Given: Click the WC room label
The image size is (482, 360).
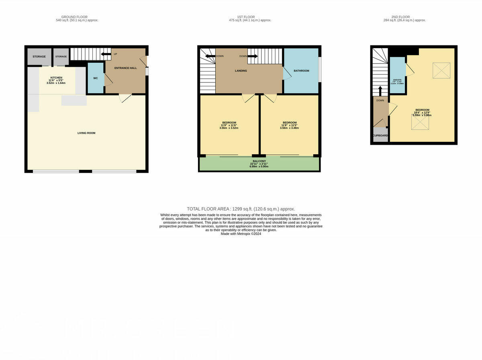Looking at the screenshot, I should click(x=96, y=78).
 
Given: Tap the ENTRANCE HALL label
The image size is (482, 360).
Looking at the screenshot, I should click(x=125, y=68).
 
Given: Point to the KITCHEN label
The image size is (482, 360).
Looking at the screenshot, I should click(x=56, y=78).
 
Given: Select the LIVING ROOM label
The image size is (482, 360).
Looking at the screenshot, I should click(x=86, y=133).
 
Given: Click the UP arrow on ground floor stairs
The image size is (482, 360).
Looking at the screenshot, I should click(x=106, y=54).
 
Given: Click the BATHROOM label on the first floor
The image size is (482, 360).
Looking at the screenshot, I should click(x=301, y=71).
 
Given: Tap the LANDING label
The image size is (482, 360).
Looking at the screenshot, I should click(x=241, y=71).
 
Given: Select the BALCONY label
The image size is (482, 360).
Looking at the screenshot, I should click(x=259, y=161).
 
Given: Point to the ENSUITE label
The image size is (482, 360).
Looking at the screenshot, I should click(x=397, y=80).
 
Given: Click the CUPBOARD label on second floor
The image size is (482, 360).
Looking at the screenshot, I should click(x=380, y=135).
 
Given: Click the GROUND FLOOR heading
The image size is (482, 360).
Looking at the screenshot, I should click(x=77, y=17).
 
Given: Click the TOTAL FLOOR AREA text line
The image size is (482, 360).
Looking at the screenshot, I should click(x=241, y=209).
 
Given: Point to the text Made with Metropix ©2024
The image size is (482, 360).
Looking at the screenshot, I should click(x=241, y=234).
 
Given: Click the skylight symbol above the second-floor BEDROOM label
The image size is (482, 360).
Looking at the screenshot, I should click(x=441, y=71).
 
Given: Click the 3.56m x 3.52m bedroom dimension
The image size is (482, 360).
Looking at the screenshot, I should click(x=229, y=128).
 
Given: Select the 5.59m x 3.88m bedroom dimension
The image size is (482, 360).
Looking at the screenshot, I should click(x=422, y=115).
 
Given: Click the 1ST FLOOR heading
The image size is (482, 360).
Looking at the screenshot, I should click(x=246, y=17).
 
